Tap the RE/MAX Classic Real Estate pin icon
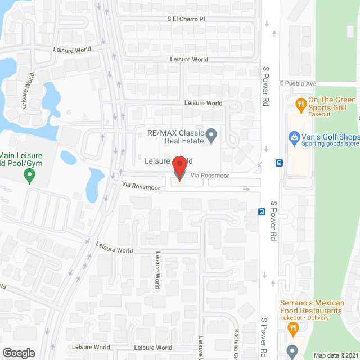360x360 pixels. click(x=211, y=135)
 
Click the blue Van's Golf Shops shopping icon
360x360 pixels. click(x=294, y=137)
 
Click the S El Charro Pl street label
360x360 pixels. click(x=187, y=19)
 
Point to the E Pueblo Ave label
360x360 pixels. click(x=298, y=83)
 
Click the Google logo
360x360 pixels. click(x=19, y=353)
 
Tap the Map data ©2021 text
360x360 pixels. click(x=335, y=355)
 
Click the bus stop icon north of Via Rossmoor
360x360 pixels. click(x=279, y=163)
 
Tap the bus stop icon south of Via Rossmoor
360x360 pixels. click(x=262, y=211)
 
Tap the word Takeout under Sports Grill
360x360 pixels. click(x=319, y=114)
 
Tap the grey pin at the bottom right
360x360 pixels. click(x=291, y=350)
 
